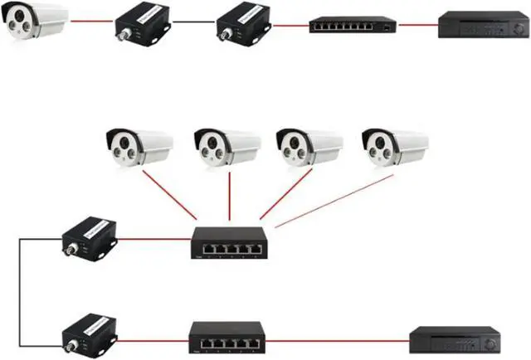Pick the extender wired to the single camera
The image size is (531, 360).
[141, 24]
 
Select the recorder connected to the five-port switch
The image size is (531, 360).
[455, 338]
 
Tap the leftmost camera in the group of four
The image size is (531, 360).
[138, 148]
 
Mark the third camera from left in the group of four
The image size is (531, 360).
[308, 148]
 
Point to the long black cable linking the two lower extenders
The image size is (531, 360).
[21, 290]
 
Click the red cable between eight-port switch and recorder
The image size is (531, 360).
[417, 25]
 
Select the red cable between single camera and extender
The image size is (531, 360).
[90, 24]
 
